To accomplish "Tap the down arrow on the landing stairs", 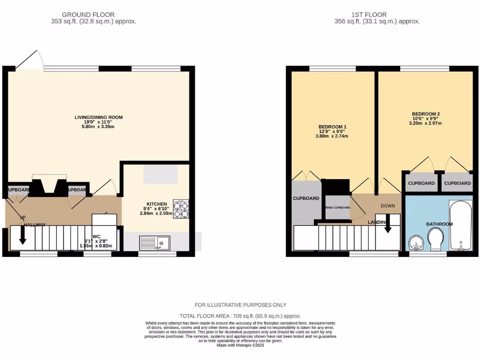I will [x=388, y=226].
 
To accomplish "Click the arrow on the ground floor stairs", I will [x=22, y=241].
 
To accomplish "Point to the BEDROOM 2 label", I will [x=426, y=114].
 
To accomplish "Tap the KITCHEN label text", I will [x=157, y=204].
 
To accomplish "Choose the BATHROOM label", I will [x=439, y=224].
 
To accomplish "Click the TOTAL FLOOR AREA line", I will [x=240, y=316].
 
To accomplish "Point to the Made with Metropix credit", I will [x=240, y=345].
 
